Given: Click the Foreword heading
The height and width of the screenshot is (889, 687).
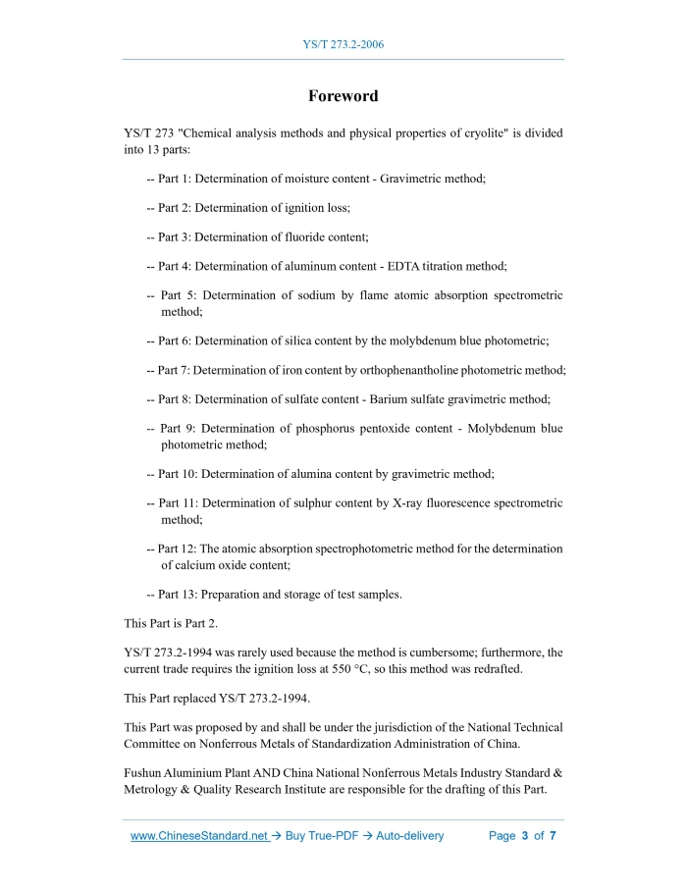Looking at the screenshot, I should pyautogui.click(x=343, y=96).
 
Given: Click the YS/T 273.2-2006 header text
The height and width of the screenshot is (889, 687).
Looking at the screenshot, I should pyautogui.click(x=343, y=45).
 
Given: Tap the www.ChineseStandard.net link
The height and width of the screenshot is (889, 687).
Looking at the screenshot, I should pyautogui.click(x=199, y=836).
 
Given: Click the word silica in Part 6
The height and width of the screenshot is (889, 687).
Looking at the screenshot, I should pyautogui.click(x=322, y=340).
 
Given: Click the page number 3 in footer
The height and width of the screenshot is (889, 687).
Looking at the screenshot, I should pyautogui.click(x=525, y=836).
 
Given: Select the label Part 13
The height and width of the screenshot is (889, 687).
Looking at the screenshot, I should pyautogui.click(x=180, y=594).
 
